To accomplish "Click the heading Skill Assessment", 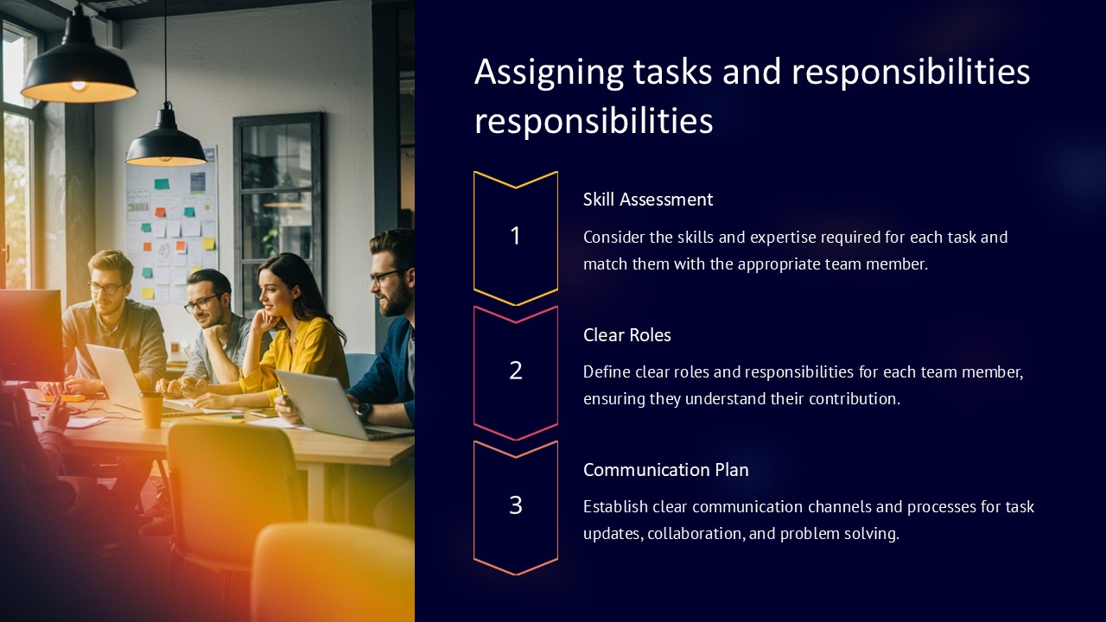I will (x=647, y=200).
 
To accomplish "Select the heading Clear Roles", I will (x=626, y=335).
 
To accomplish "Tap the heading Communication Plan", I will (x=665, y=470).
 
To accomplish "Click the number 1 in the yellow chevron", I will (x=516, y=236).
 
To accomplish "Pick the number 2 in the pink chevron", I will (x=516, y=371).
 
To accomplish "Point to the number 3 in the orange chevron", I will (x=516, y=505).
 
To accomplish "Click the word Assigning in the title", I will (x=548, y=73).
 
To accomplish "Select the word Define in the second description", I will (x=607, y=372).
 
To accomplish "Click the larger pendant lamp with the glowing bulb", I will (x=78, y=73).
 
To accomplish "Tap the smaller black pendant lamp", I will (x=166, y=143).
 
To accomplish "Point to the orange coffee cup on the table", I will (x=151, y=409).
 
